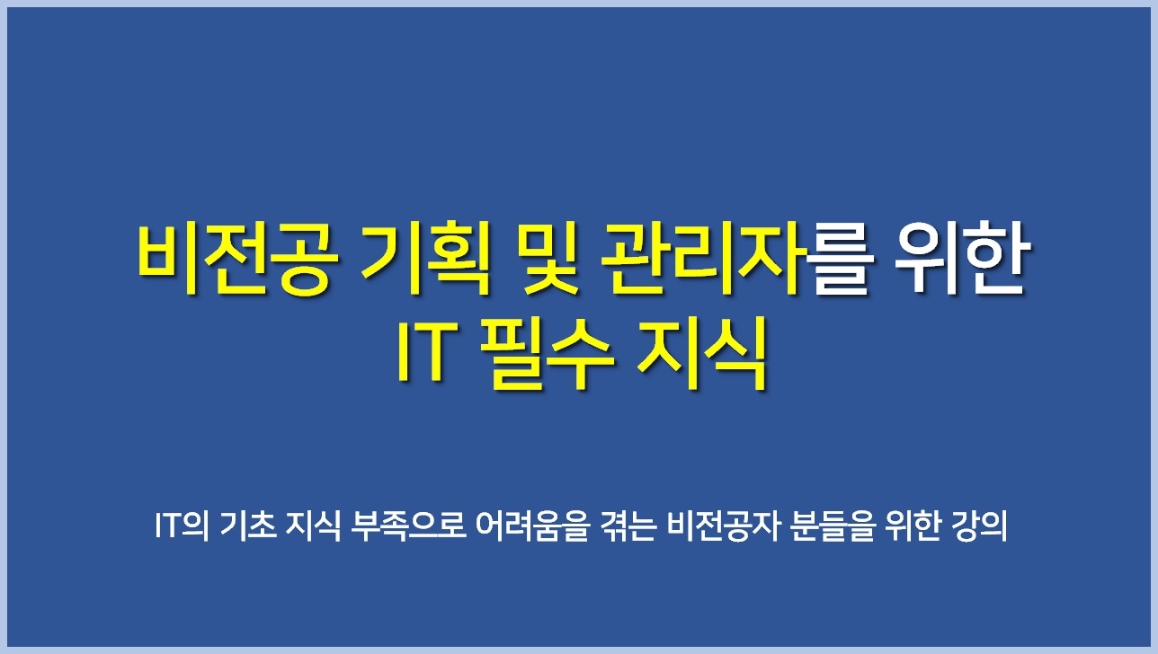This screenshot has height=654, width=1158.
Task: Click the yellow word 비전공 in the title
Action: click(237, 260)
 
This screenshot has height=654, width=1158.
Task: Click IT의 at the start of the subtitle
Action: click(182, 526)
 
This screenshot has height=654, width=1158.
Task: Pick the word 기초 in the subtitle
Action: click(249, 526)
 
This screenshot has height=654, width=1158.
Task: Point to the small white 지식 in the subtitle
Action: click(314, 526)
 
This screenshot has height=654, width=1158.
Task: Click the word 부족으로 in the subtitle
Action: click(409, 526)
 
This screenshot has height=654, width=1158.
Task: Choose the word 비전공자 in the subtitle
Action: click(723, 526)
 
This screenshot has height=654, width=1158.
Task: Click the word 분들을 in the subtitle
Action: click(832, 526)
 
